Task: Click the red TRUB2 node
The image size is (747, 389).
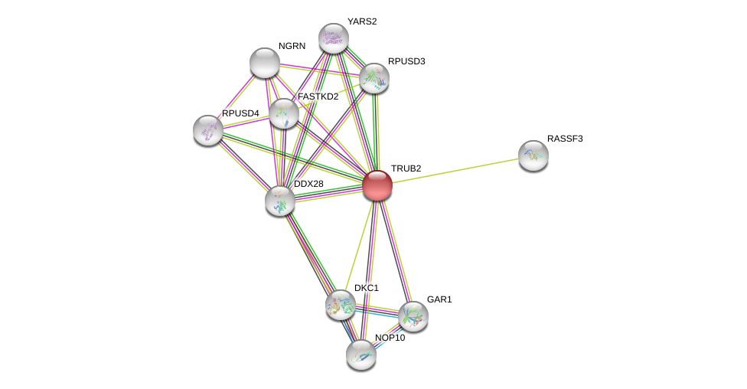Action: [x=377, y=185]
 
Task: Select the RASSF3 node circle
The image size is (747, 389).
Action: [x=533, y=155]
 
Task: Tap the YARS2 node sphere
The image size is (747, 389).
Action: [x=334, y=38]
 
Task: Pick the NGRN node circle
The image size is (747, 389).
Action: [x=265, y=63]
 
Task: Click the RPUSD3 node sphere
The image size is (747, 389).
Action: [x=374, y=78]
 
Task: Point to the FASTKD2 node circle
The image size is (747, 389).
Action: [x=284, y=113]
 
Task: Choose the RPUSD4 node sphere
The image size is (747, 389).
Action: [x=208, y=130]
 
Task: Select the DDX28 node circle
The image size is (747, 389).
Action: [x=280, y=201]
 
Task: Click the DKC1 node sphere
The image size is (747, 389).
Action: [x=341, y=305]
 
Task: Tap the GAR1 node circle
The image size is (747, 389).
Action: [x=413, y=315]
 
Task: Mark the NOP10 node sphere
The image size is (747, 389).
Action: [x=361, y=354]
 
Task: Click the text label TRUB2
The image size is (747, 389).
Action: [x=406, y=168]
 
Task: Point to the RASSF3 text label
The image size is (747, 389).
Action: [x=565, y=139]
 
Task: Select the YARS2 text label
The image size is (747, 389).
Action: [x=361, y=21]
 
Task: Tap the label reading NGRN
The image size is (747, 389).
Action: [x=292, y=46]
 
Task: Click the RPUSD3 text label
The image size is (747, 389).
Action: [x=406, y=61]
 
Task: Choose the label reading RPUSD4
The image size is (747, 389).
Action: [x=240, y=113]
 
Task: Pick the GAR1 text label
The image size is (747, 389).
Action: [x=439, y=299]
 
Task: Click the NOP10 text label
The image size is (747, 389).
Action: [x=390, y=338]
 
